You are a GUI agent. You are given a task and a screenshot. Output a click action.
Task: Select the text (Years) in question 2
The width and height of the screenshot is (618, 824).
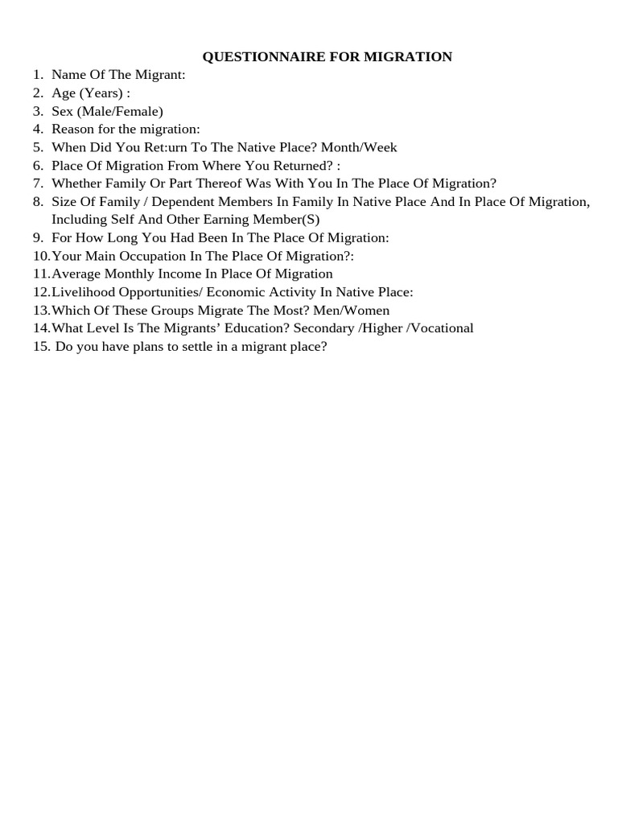(x=100, y=93)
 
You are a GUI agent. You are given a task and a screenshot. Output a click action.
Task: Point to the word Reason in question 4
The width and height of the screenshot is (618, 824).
(x=72, y=129)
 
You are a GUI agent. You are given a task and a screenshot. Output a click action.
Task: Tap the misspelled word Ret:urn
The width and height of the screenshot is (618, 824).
(x=164, y=147)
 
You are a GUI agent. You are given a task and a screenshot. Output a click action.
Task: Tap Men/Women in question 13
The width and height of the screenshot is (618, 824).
(x=353, y=310)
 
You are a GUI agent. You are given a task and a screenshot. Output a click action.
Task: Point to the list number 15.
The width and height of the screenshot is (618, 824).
(x=41, y=347)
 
